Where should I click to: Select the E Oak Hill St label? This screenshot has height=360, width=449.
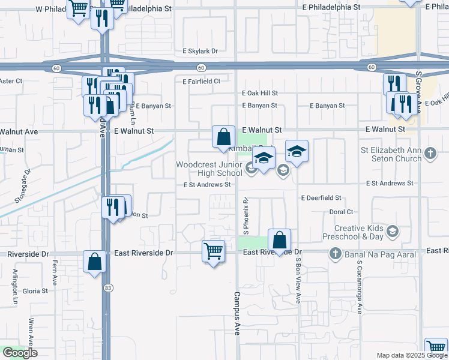[x=260, y=93]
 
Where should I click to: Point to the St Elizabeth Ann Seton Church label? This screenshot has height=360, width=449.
[x=390, y=154]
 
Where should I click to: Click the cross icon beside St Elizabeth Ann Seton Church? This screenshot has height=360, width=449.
[x=430, y=154]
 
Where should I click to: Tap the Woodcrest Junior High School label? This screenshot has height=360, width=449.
[x=208, y=169]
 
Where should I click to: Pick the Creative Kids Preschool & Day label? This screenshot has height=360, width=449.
[x=358, y=232]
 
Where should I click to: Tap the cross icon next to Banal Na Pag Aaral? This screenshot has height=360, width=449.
[x=336, y=254]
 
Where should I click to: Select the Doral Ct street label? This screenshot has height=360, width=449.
[x=341, y=212]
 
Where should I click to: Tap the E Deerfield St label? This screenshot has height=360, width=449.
[x=321, y=197]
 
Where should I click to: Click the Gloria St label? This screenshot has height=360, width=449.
[x=35, y=291]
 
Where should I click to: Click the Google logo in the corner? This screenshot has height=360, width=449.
[x=20, y=353]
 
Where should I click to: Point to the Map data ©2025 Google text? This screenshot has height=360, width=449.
[x=412, y=355]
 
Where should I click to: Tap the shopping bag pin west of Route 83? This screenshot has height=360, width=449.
[x=94, y=262]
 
